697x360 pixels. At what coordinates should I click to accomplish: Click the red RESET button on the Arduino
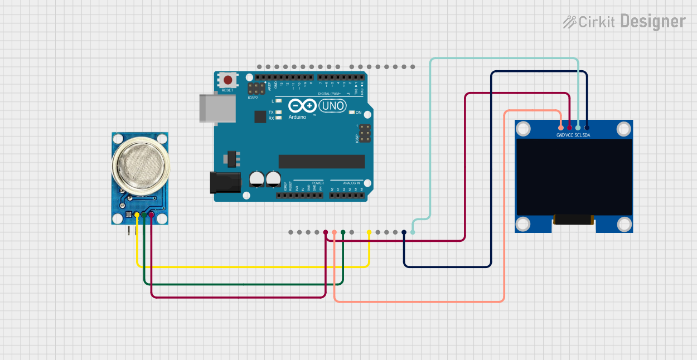point(228,80)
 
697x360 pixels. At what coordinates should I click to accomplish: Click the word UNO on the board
point(333,105)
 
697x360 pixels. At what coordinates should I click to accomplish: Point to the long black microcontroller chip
point(322,162)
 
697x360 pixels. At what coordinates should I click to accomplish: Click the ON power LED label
point(359,113)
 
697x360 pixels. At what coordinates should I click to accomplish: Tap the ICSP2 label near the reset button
point(253,98)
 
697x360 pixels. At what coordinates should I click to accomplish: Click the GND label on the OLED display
point(560,135)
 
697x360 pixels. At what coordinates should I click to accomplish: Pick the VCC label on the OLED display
point(569,135)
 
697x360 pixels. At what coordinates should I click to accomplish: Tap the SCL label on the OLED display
point(578,135)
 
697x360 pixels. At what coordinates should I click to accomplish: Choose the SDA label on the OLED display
point(587,135)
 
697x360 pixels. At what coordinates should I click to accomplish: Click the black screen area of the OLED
point(573,177)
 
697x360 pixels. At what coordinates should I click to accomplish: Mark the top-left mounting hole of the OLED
point(523,129)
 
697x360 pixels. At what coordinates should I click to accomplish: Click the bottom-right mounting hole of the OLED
point(624,224)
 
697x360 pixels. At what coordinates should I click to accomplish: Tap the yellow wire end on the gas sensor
point(137,215)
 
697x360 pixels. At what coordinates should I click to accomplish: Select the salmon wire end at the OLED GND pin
point(560,128)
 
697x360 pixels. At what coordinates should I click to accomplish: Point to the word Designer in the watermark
point(652,22)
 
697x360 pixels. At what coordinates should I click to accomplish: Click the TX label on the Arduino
point(271,112)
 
